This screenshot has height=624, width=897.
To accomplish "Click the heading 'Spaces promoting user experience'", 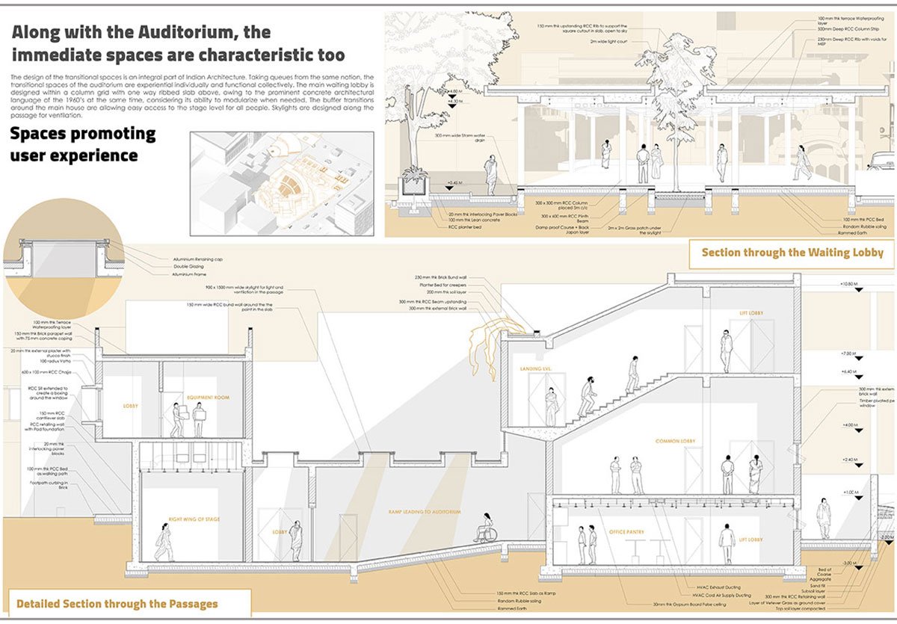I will (x=83, y=144).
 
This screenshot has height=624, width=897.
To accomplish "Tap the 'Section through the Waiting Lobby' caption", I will (x=792, y=253).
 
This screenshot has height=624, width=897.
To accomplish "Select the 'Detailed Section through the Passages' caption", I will (x=117, y=603).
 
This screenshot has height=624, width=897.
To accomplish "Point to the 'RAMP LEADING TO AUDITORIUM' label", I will (x=424, y=512).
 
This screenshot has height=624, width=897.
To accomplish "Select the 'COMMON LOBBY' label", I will (x=675, y=442).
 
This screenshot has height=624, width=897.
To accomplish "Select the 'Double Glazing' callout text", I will (x=190, y=267).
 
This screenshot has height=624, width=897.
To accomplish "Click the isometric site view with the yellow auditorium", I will (x=282, y=181).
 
